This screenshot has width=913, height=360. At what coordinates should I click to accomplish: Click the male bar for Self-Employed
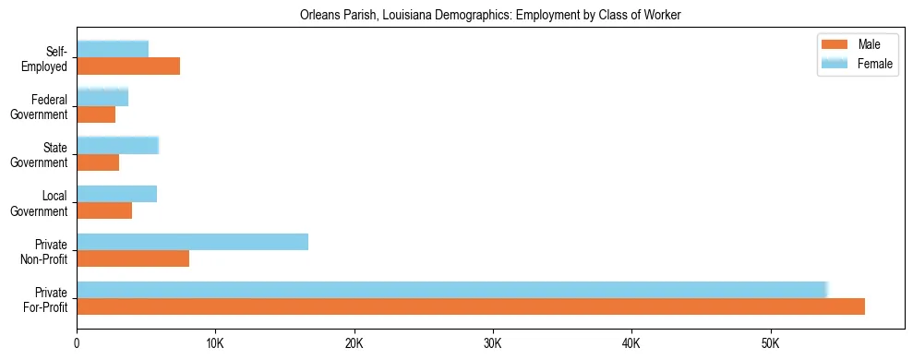(128, 66)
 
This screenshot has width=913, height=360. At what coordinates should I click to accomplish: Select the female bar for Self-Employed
(113, 49)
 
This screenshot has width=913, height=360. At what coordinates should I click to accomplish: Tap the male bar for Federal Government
(96, 114)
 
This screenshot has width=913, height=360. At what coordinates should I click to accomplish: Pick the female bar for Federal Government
(102, 97)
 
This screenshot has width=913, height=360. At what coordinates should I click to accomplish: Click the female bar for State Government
(118, 145)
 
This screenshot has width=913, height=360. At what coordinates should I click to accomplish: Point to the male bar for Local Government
(104, 210)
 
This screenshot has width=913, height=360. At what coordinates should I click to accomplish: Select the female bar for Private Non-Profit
(192, 242)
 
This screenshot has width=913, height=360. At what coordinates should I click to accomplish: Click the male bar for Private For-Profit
(471, 306)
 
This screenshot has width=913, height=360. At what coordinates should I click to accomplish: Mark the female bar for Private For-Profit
(452, 290)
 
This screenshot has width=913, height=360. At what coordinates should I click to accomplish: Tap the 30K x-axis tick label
(493, 344)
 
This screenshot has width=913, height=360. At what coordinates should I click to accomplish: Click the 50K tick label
(770, 344)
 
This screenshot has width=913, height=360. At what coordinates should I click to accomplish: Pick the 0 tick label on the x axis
(77, 344)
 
